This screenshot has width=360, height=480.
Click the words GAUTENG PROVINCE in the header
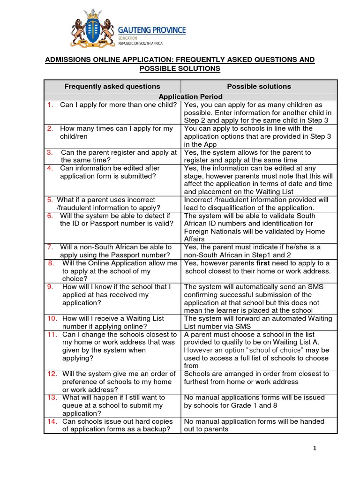click(155, 30)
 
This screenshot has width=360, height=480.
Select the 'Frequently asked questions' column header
click(112, 86)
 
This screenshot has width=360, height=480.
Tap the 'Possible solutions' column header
click(259, 86)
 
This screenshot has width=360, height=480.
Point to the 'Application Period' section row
click(190, 97)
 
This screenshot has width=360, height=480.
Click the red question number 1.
click(49, 105)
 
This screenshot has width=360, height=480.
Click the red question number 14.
click(52, 421)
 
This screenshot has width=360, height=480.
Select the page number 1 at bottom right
click(315, 449)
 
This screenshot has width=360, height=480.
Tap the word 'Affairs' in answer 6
click(195, 239)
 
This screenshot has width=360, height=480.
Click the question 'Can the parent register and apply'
click(119, 152)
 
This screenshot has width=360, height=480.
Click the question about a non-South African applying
click(115, 251)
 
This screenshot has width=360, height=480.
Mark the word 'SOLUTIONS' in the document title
click(203, 69)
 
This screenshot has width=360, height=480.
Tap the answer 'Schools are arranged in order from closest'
click(256, 374)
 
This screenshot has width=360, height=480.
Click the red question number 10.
click(52, 318)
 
